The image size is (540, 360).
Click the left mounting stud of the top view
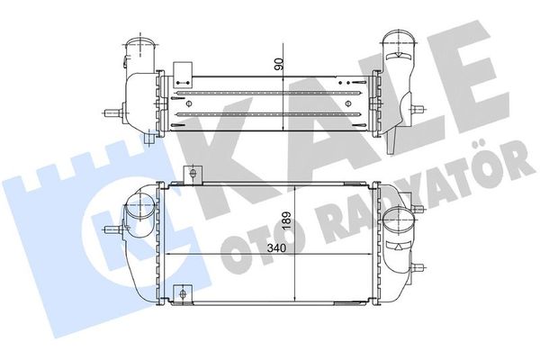click(x=112, y=114)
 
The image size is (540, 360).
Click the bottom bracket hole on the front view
click(x=183, y=294)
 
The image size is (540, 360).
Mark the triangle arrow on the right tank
click(x=398, y=245)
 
